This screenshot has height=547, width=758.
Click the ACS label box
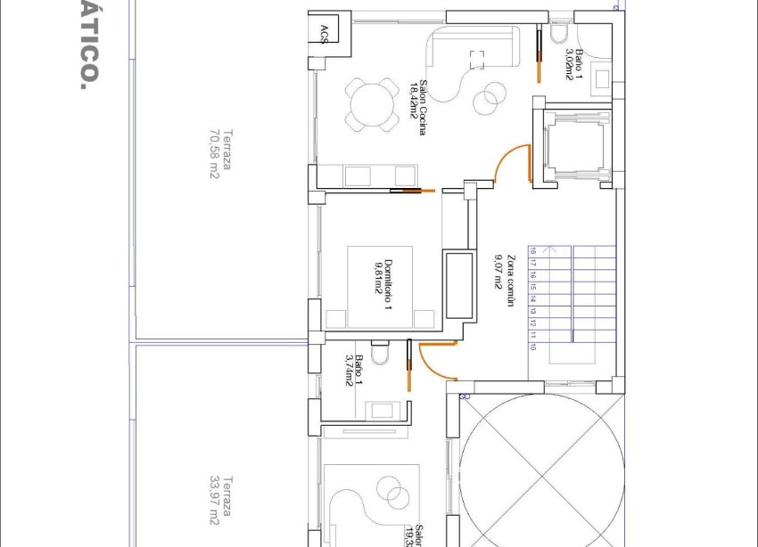(324, 34)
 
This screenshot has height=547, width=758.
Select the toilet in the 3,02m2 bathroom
(560, 34)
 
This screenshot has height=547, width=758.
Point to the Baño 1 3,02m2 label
(573, 64)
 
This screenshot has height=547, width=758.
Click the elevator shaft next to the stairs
(573, 148)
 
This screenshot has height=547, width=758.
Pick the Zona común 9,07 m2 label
(506, 282)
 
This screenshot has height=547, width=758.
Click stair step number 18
(533, 252)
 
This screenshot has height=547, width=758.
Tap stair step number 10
(533, 347)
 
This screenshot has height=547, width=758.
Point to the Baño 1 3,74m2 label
(354, 370)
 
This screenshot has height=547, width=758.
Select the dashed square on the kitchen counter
(477, 59)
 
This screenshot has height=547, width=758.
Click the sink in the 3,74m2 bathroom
(386, 410)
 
